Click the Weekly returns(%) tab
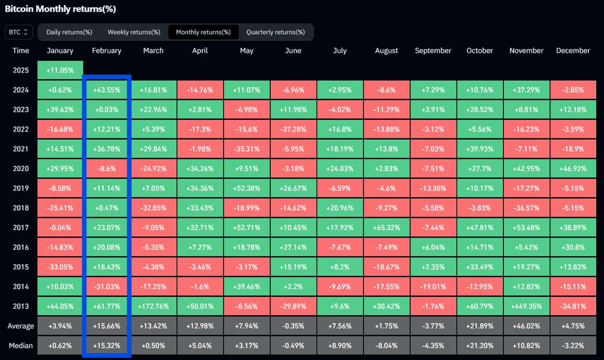pyautogui.click(x=134, y=32)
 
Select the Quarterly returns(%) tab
pyautogui.click(x=275, y=32)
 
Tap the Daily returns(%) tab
pyautogui.click(x=69, y=32)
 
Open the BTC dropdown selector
pyautogui.click(x=19, y=32)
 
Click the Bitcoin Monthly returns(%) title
pyautogui.click(x=60, y=9)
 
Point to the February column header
pyautogui.click(x=107, y=50)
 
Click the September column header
pyautogui.click(x=433, y=50)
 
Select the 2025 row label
pyautogui.click(x=21, y=70)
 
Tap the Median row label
pyautogui.click(x=21, y=345)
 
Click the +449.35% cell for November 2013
pyautogui.click(x=526, y=306)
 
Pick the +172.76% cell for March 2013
pyautogui.click(x=153, y=306)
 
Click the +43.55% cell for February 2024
pyautogui.click(x=107, y=90)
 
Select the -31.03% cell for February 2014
pyautogui.click(x=107, y=286)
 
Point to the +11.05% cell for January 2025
pyautogui.click(x=60, y=70)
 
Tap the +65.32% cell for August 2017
pyautogui.click(x=386, y=228)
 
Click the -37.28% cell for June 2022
pyautogui.click(x=293, y=129)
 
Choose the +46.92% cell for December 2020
pyautogui.click(x=573, y=169)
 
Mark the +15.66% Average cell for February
pyautogui.click(x=107, y=326)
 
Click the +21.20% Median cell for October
pyautogui.click(x=479, y=345)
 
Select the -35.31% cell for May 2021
pyautogui.click(x=246, y=149)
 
